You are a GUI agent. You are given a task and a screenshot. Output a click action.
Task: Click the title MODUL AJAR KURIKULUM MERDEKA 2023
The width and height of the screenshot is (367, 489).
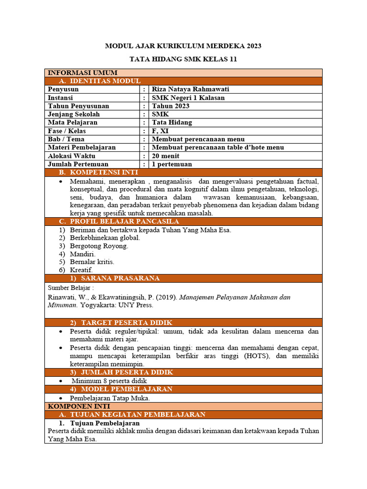click(x=183, y=46)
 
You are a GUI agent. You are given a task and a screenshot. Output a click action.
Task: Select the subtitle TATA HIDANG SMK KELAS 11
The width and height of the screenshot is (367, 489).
click(x=183, y=60)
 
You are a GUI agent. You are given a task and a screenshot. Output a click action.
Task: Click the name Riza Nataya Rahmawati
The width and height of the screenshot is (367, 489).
click(x=187, y=89)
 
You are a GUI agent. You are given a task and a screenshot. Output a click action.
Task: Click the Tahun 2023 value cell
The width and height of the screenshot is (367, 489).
click(x=171, y=106)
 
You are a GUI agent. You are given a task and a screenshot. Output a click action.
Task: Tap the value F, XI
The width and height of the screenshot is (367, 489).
click(x=160, y=131)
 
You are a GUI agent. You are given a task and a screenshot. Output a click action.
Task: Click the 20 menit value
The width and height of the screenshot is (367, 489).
click(x=165, y=156)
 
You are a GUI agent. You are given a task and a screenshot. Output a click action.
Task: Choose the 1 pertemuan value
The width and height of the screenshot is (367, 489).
click(x=172, y=164)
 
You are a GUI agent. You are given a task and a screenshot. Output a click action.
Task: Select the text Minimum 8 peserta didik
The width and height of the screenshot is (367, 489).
click(x=109, y=381)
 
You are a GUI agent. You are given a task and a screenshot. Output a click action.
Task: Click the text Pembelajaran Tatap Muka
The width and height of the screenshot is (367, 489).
click(x=110, y=398)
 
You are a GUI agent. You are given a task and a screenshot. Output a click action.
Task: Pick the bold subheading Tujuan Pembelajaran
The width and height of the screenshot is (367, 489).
click(x=105, y=423)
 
